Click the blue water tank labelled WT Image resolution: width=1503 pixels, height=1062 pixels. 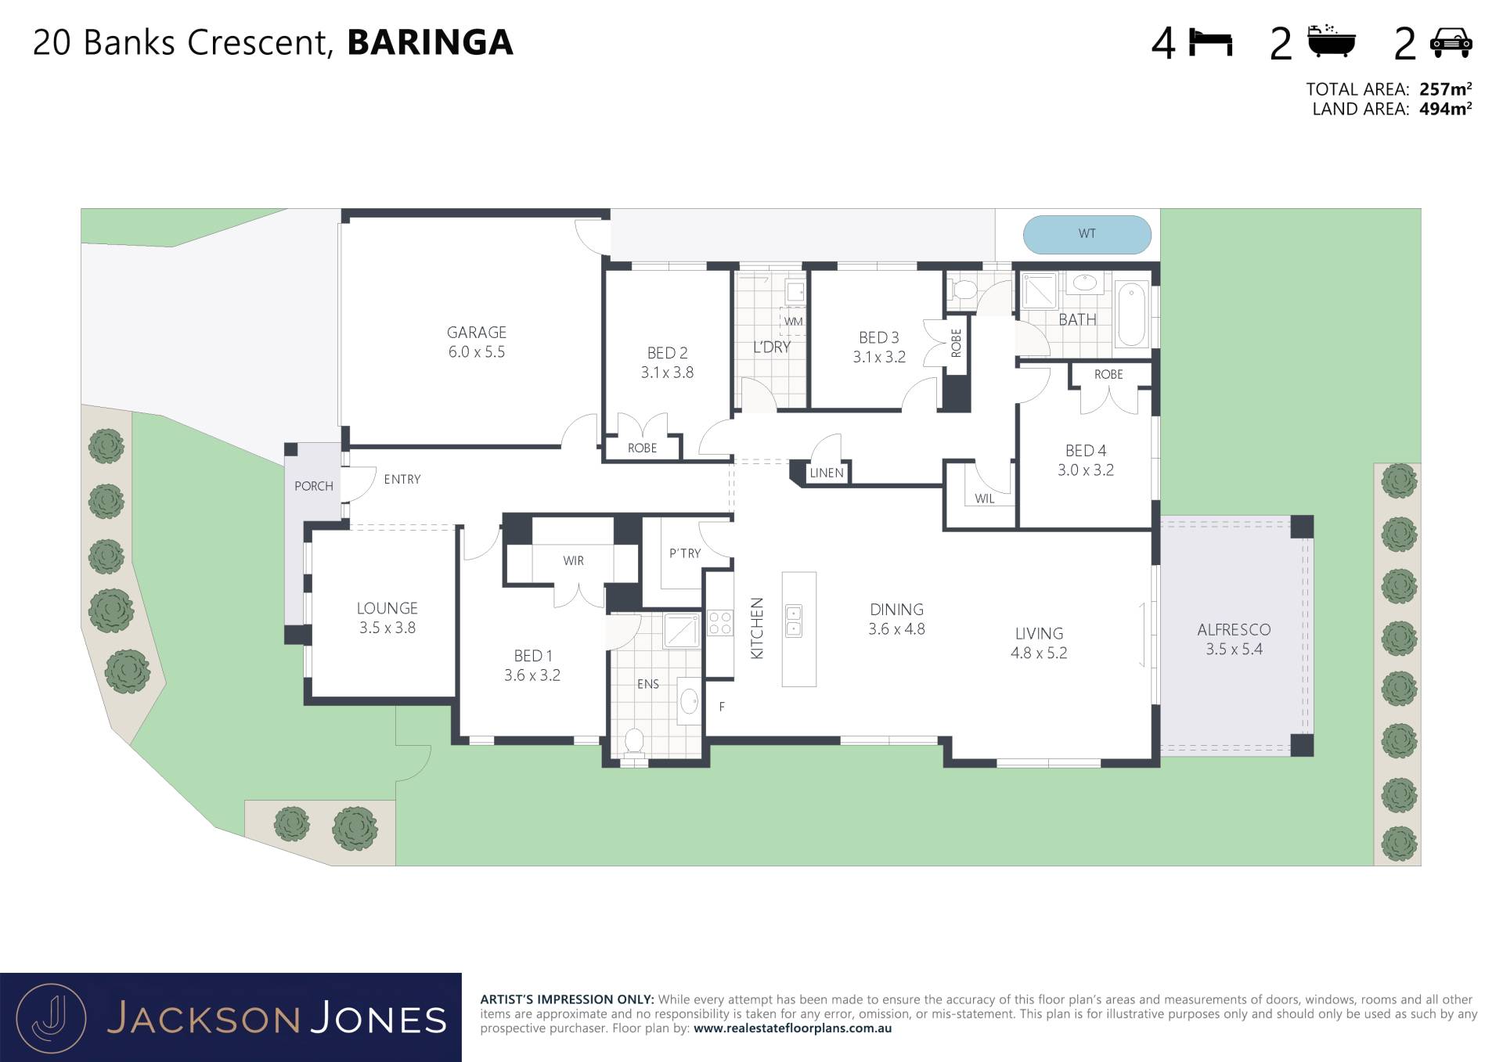(1087, 234)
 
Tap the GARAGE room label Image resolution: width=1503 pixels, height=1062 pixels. (477, 333)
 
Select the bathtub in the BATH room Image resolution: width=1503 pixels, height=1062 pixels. (1131, 314)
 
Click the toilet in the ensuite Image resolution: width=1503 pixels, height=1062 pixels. (633, 743)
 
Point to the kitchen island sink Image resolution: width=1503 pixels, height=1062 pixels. (794, 621)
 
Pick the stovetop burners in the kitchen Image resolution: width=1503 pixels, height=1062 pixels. (720, 624)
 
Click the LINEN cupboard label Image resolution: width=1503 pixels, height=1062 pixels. (827, 473)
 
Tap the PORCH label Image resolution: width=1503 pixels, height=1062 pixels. (314, 486)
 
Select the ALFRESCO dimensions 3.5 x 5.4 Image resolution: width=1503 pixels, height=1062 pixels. (1234, 650)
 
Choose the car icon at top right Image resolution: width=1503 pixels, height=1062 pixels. (1451, 43)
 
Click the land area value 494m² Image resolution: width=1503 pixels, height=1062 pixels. (1445, 109)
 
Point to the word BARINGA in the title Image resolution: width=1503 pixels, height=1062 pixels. (430, 42)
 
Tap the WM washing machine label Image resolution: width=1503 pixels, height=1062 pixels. (793, 322)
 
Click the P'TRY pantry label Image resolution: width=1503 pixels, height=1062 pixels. (685, 553)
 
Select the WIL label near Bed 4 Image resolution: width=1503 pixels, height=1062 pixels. (985, 499)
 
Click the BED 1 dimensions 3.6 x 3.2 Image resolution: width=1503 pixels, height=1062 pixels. (532, 675)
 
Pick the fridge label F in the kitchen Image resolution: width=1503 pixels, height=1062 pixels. (722, 707)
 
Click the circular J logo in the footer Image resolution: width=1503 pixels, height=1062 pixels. (51, 1018)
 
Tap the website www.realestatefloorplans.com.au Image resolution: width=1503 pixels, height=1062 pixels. (792, 1028)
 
